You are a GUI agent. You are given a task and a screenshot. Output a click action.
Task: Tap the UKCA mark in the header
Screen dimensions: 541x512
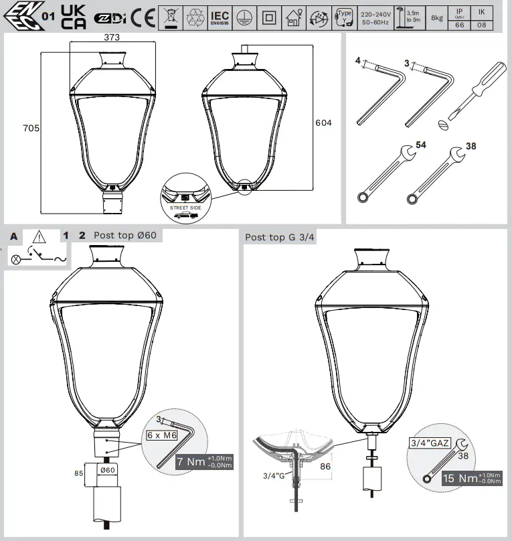coord(72,17)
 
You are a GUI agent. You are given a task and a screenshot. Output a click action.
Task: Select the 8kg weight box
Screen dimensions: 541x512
coord(436,17)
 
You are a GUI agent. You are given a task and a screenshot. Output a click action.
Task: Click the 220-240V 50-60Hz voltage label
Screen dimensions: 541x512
coord(376,17)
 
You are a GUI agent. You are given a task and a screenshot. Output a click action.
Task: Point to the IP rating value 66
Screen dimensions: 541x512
coord(459,24)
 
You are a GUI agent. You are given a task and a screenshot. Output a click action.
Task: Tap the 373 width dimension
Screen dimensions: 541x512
coord(111,38)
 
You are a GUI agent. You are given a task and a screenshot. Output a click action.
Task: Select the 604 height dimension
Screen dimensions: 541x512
coord(323,123)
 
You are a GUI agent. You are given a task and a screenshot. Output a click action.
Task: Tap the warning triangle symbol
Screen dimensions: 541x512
coord(38,236)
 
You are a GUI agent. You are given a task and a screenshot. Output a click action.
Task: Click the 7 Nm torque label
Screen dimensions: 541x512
coord(203,462)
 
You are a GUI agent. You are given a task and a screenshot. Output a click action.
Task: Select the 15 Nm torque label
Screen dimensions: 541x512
coord(468,478)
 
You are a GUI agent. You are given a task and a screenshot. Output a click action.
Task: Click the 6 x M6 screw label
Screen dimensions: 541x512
coord(162,435)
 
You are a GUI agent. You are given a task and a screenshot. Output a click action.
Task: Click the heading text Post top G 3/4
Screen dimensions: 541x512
coord(279,237)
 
